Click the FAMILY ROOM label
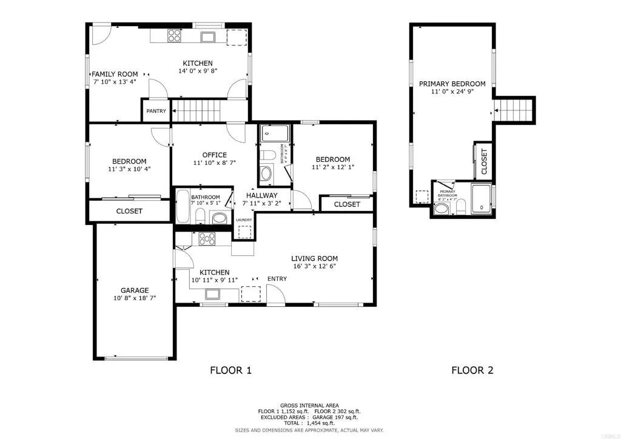pos(115,74)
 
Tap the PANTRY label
pos(156,111)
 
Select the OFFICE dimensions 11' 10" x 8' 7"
pos(210,163)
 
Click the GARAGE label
pos(134,290)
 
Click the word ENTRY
pos(277,279)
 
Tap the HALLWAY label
pos(261,195)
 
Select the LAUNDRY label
pos(244,220)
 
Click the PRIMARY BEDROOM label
pos(452,84)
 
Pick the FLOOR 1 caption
pos(230,370)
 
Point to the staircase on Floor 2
pos(514,110)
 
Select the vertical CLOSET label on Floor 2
pos(485,162)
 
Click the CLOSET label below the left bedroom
pos(129,211)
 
